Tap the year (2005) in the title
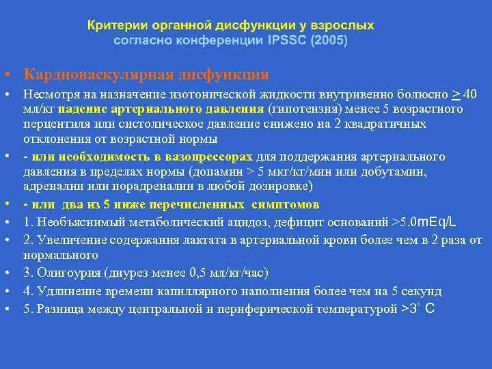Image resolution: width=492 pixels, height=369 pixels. [x=329, y=40]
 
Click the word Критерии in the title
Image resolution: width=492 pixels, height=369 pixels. [x=115, y=25]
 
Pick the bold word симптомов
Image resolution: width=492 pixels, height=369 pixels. [x=281, y=204]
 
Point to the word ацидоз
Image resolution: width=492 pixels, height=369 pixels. [x=240, y=222]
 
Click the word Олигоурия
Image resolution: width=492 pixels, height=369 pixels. [x=64, y=273]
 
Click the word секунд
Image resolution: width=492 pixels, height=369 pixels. [x=424, y=291]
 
